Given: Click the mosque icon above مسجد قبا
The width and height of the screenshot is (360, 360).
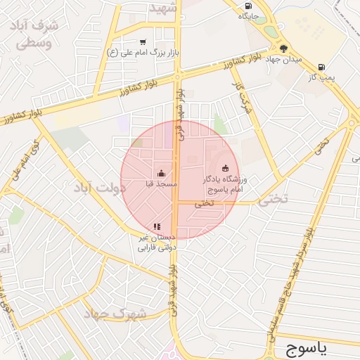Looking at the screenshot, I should click(161, 173).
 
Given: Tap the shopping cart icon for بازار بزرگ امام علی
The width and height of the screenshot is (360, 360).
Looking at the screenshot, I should click(143, 41).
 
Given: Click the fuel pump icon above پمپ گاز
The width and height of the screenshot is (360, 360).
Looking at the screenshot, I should click(322, 67).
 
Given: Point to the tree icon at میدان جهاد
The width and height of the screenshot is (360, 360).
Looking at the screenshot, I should click(283, 49).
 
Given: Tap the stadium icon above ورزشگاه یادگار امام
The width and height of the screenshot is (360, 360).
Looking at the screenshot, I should click(225, 167).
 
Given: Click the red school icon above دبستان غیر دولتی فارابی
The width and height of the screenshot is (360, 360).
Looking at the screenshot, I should click(157, 226).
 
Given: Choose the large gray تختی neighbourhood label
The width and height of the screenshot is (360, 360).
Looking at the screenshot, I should click(274, 200).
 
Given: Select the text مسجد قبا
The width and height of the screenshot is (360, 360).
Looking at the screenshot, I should click(162, 184).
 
